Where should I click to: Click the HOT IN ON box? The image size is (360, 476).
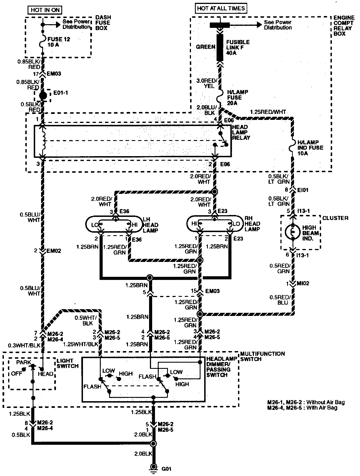click(45, 10)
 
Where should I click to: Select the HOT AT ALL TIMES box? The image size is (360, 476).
click(221, 8)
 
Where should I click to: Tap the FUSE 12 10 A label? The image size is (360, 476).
click(59, 42)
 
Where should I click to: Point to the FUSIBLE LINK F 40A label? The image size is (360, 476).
click(238, 47)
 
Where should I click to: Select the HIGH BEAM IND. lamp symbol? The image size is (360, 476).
click(292, 233)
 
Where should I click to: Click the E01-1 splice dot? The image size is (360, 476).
click(43, 95)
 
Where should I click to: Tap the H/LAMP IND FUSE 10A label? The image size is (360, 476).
click(310, 148)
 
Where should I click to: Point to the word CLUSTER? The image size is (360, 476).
click(335, 218)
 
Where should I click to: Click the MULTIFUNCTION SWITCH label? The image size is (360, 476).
click(262, 356)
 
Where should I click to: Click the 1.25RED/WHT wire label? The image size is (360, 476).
click(268, 112)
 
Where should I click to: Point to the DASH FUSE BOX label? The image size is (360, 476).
click(103, 23)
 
